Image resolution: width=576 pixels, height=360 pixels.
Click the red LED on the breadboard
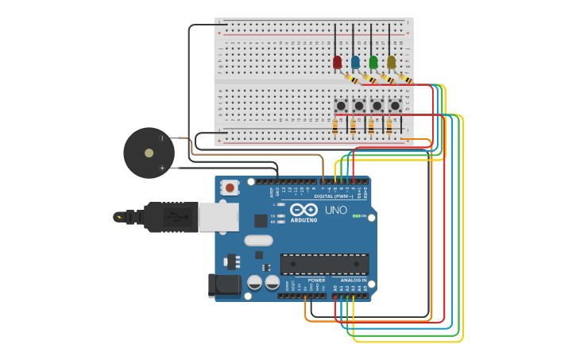coord(338,61)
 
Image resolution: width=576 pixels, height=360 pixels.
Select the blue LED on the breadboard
coord(355,61)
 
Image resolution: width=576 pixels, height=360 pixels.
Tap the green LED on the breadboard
coord(373,61)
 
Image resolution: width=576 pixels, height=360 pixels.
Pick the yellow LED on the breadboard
coord(391,61)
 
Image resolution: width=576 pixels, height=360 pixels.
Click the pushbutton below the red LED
coord(341,105)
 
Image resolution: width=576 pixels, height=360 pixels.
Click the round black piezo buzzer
coord(149,153)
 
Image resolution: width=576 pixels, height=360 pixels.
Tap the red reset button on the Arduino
coord(230,188)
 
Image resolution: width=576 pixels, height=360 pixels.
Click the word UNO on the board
coord(336,211)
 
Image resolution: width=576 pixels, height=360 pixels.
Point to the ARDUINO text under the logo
coord(303,220)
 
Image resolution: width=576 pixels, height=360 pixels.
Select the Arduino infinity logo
coord(303,209)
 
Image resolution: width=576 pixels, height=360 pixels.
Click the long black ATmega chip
coord(324,264)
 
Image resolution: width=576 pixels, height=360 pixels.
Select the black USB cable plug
coord(170,216)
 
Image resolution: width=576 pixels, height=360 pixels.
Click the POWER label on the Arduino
coord(316,280)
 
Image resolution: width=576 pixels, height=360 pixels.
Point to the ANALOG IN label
coord(354,280)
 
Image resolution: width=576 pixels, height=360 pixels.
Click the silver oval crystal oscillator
coord(258,240)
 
